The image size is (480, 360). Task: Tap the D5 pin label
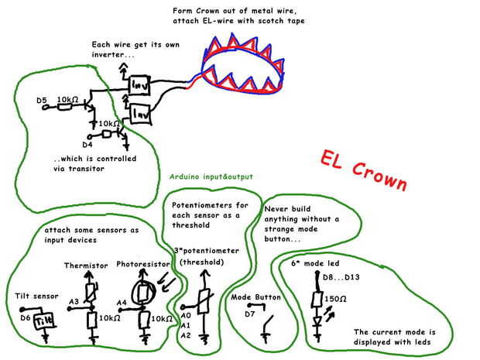[43, 100]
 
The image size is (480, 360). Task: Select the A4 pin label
[122, 303]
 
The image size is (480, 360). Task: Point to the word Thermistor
[86, 266]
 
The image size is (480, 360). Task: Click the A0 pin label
[184, 316]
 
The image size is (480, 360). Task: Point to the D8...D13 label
[334, 277]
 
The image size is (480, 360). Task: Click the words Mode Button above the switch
[256, 297]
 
